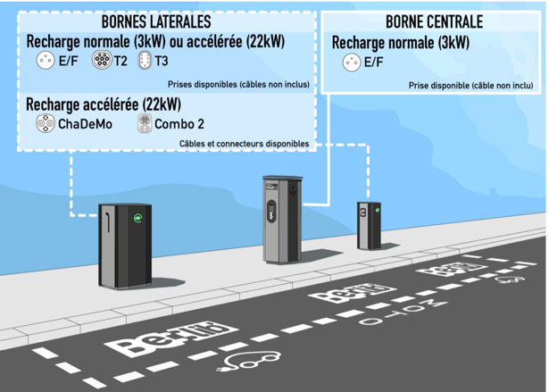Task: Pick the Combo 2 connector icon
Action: (143, 123)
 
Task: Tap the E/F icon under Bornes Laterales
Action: (44, 61)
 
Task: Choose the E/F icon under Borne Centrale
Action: (350, 62)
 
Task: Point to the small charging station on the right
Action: (369, 226)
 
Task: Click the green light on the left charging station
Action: (137, 217)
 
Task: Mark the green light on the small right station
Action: (377, 211)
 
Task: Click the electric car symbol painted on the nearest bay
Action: (253, 362)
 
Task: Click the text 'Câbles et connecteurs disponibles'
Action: (244, 143)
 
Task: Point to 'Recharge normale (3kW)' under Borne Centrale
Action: (400, 42)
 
